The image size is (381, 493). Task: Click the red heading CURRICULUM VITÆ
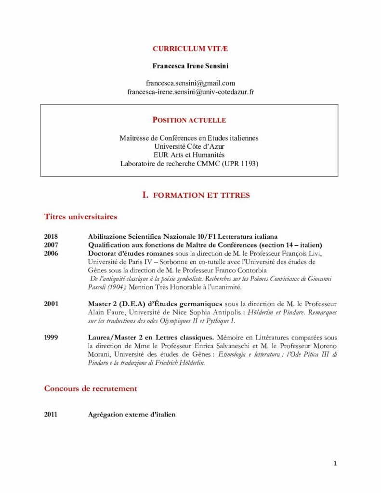[190, 49]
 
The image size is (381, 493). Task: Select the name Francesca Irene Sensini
[190, 66]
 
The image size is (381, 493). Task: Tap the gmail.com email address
[190, 83]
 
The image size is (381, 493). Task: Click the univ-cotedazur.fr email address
[190, 91]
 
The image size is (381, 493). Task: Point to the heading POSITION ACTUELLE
[189, 120]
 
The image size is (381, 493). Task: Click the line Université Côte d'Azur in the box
[189, 146]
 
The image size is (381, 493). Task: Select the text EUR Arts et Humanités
[189, 155]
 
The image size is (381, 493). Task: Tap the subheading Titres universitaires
[80, 217]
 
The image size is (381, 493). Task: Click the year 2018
[51, 236]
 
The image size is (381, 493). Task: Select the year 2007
[51, 245]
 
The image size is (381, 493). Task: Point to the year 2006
[51, 254]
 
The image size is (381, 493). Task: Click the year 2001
[51, 304]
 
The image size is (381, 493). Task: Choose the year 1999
[51, 337]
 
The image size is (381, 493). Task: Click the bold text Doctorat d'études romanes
[131, 254]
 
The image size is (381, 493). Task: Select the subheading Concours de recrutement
[91, 389]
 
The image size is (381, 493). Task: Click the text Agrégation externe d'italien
[131, 414]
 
